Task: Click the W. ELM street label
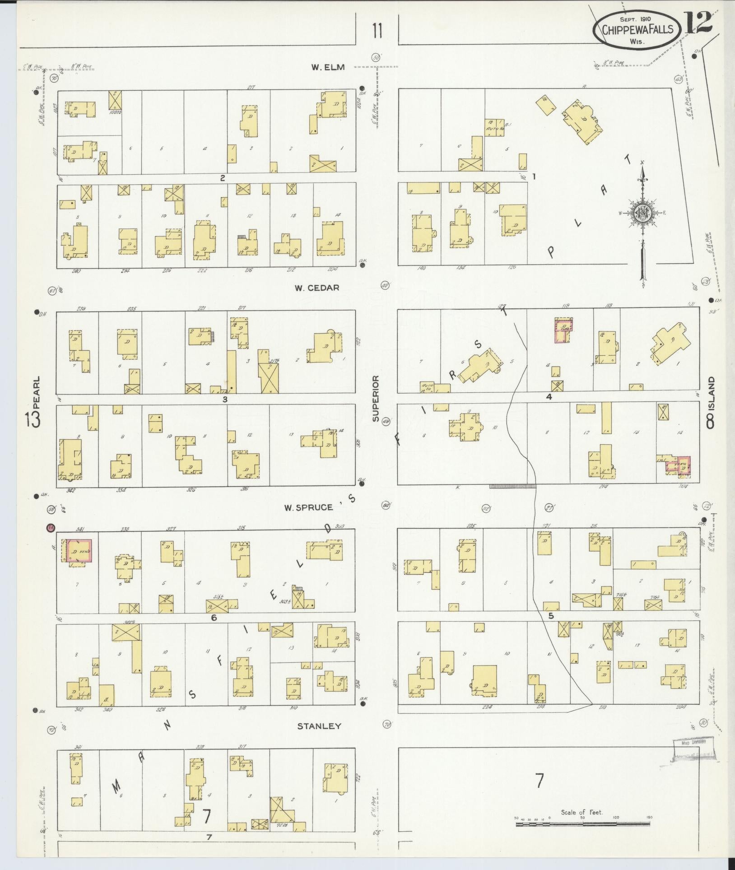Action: click(327, 67)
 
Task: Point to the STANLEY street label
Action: click(319, 726)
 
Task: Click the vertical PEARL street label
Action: click(37, 393)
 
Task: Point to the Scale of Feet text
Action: click(582, 813)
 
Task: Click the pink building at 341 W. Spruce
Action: click(79, 551)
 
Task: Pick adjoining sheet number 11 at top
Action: click(377, 32)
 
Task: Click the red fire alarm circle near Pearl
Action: click(51, 527)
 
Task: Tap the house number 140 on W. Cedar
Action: click(421, 268)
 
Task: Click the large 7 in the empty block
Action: click(540, 781)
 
